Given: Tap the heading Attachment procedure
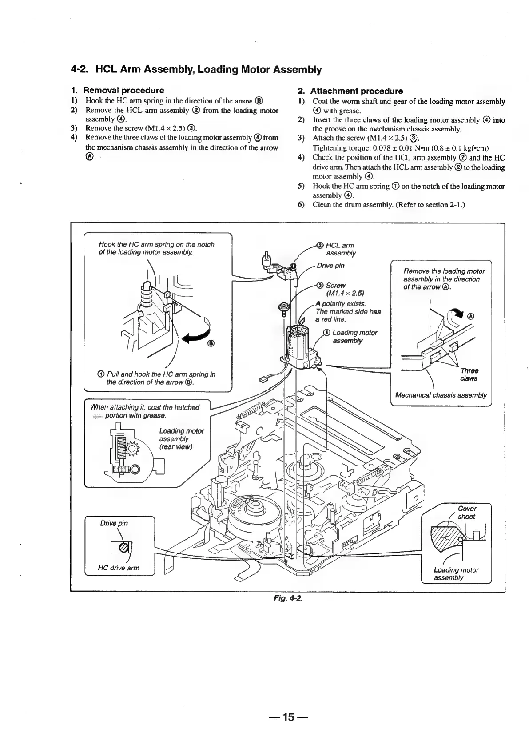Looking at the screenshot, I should (x=357, y=91).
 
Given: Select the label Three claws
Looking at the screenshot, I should (x=469, y=374).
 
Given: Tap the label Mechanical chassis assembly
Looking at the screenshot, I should (x=441, y=395).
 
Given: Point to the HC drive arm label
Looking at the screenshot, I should (x=118, y=568).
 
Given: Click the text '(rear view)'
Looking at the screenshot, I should (x=175, y=447).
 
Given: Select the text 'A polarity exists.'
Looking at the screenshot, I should (x=341, y=304).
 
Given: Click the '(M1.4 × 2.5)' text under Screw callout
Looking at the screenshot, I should (x=345, y=293).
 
